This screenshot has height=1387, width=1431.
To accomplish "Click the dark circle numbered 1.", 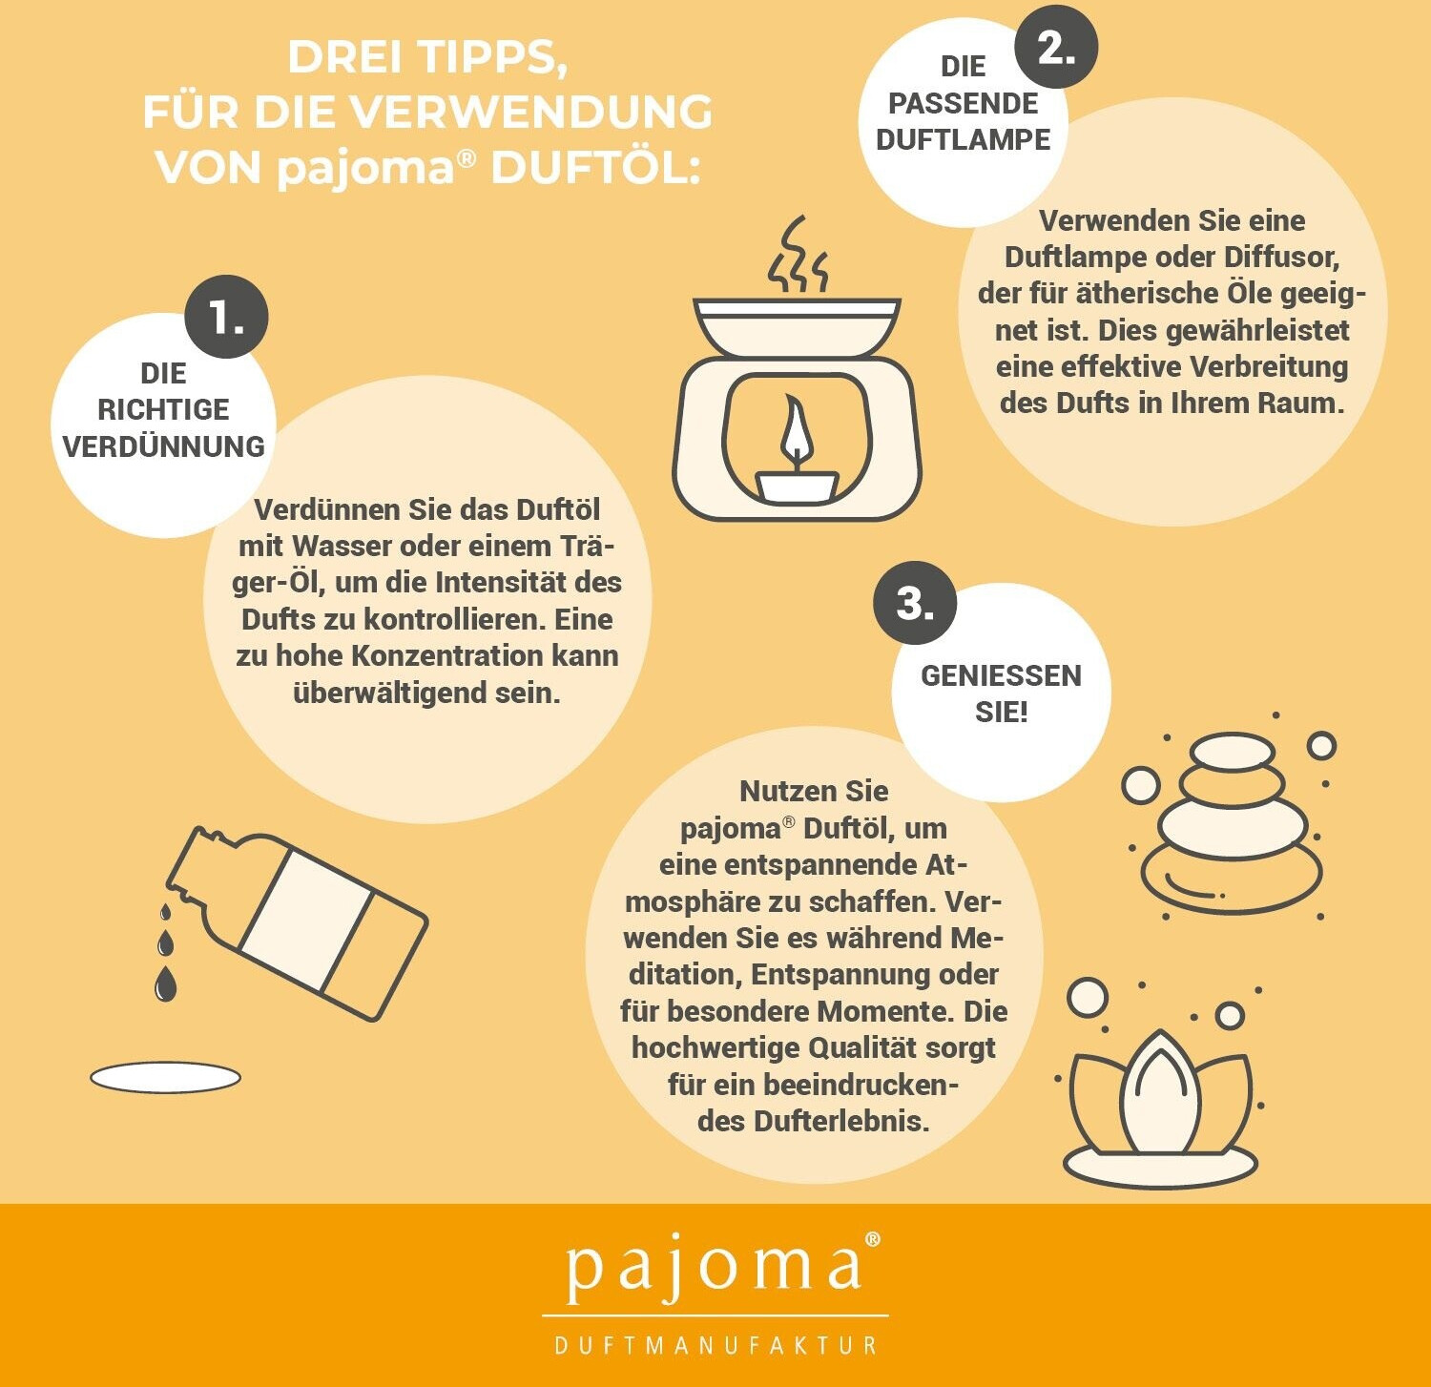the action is (x=226, y=317).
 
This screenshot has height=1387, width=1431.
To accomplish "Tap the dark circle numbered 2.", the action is (x=1056, y=46).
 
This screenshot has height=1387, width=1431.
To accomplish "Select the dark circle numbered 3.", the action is (x=915, y=603).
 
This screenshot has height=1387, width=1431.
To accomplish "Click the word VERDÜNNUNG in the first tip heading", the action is (x=163, y=445).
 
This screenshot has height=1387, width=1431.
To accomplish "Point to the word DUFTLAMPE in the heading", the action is (x=963, y=139).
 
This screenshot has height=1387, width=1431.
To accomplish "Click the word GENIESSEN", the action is (x=1001, y=675).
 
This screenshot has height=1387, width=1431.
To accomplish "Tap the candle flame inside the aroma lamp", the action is (x=796, y=433).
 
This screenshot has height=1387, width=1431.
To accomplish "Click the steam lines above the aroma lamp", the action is (x=798, y=254).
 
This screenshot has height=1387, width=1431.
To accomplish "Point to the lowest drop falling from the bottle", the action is (x=166, y=983).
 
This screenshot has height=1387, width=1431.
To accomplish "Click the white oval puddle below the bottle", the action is (x=165, y=1078).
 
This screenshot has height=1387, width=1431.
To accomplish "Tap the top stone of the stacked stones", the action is (x=1233, y=752).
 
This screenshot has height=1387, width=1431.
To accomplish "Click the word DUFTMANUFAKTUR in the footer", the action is (x=715, y=1345).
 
